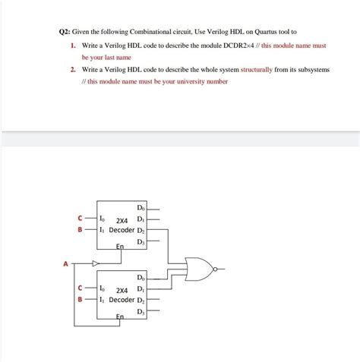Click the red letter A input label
(65, 264)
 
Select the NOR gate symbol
(201, 268)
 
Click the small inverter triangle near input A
(95, 264)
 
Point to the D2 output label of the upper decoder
(141, 230)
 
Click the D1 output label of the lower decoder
(141, 289)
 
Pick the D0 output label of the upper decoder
(141, 208)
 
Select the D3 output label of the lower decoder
(141, 311)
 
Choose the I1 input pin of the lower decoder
(103, 300)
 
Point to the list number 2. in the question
(73, 69)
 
